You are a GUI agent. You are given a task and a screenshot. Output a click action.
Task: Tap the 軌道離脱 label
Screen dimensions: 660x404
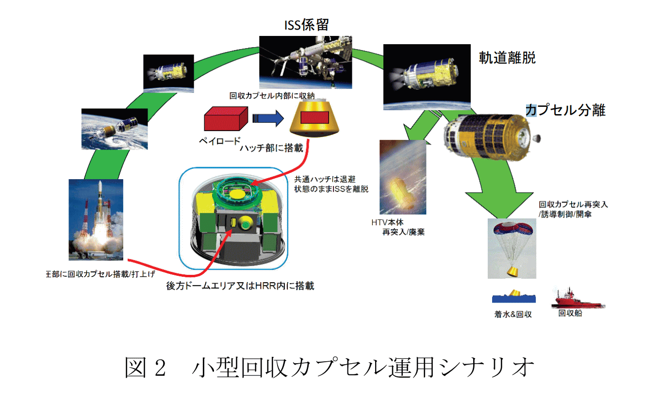[x=507, y=58]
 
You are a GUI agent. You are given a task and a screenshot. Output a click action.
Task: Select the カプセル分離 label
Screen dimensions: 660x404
[x=566, y=110]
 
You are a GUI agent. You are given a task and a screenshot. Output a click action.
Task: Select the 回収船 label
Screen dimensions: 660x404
[x=571, y=314]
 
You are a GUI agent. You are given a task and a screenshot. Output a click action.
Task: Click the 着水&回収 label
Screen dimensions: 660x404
[x=512, y=315]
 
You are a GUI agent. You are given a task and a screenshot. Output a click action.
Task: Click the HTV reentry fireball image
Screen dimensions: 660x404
[x=403, y=178]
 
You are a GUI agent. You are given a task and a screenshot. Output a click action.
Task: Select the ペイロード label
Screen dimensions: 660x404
[x=220, y=142]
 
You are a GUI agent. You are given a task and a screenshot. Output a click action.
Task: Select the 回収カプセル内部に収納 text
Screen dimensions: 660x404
[x=272, y=96]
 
